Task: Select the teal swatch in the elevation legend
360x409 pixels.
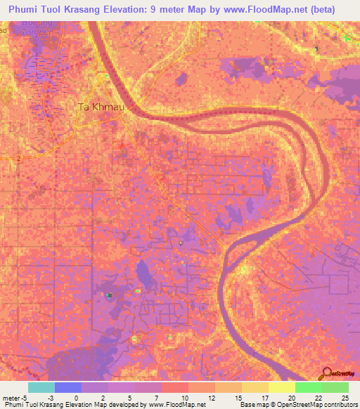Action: tap(41, 387)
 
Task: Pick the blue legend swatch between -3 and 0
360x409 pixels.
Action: tap(68, 387)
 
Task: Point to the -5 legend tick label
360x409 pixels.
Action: tap(25, 398)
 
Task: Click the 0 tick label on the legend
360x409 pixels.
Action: tap(82, 398)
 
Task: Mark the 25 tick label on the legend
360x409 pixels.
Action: tap(344, 398)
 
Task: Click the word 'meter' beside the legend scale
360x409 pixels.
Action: tap(11, 398)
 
